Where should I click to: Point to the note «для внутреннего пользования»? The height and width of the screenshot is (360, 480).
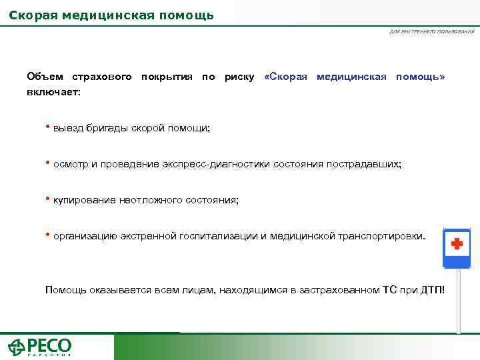pos(432,32)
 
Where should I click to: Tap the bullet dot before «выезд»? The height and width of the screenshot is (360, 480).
pos(47,126)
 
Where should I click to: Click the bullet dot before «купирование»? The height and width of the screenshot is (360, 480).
pos(47,198)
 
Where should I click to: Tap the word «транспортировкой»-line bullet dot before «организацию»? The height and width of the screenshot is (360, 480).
pos(47,234)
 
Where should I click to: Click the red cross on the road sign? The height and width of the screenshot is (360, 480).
pos(457,244)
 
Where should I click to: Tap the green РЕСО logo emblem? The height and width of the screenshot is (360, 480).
pos(17,347)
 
